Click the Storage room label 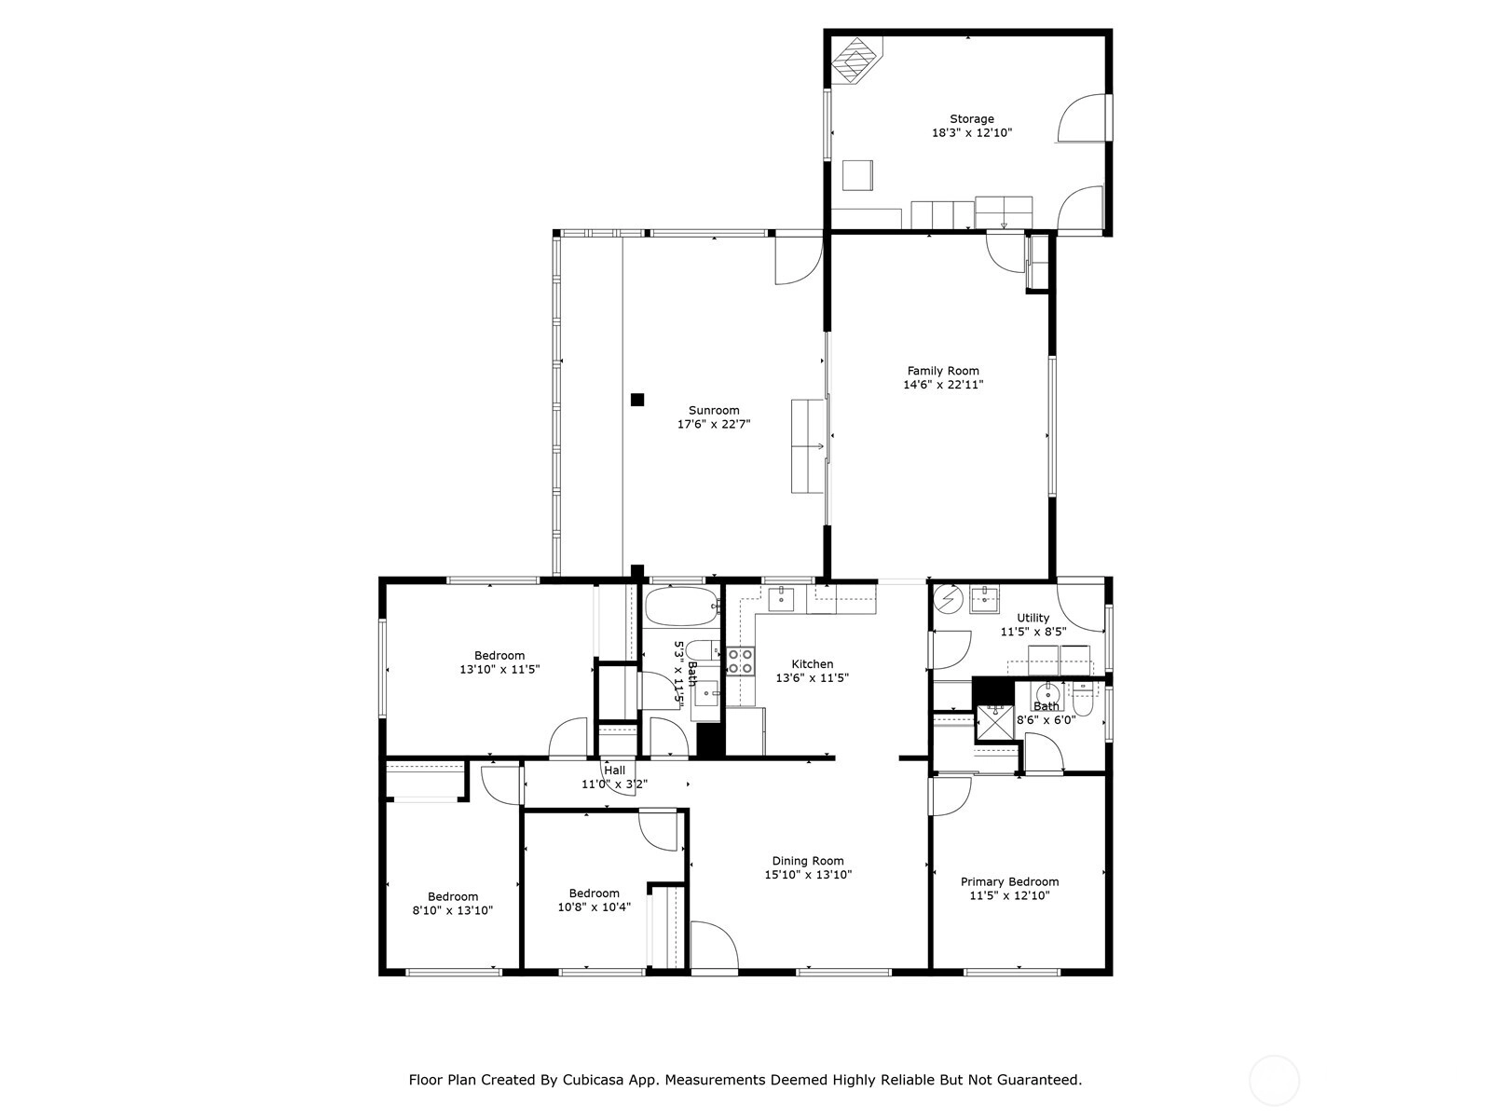point(971,119)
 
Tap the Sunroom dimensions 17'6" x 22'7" point(713,425)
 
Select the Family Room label point(943,371)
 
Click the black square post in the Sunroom point(636,400)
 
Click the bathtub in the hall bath point(681,607)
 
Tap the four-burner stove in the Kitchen point(741,661)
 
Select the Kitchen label point(812,664)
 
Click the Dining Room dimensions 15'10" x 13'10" point(808,875)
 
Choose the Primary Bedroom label point(1009,881)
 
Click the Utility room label point(1033,618)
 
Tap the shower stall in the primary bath point(994,724)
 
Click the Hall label point(614,770)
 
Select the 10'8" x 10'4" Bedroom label point(594,893)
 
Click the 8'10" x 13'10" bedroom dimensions point(452,911)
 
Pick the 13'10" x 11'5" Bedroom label point(499,656)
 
